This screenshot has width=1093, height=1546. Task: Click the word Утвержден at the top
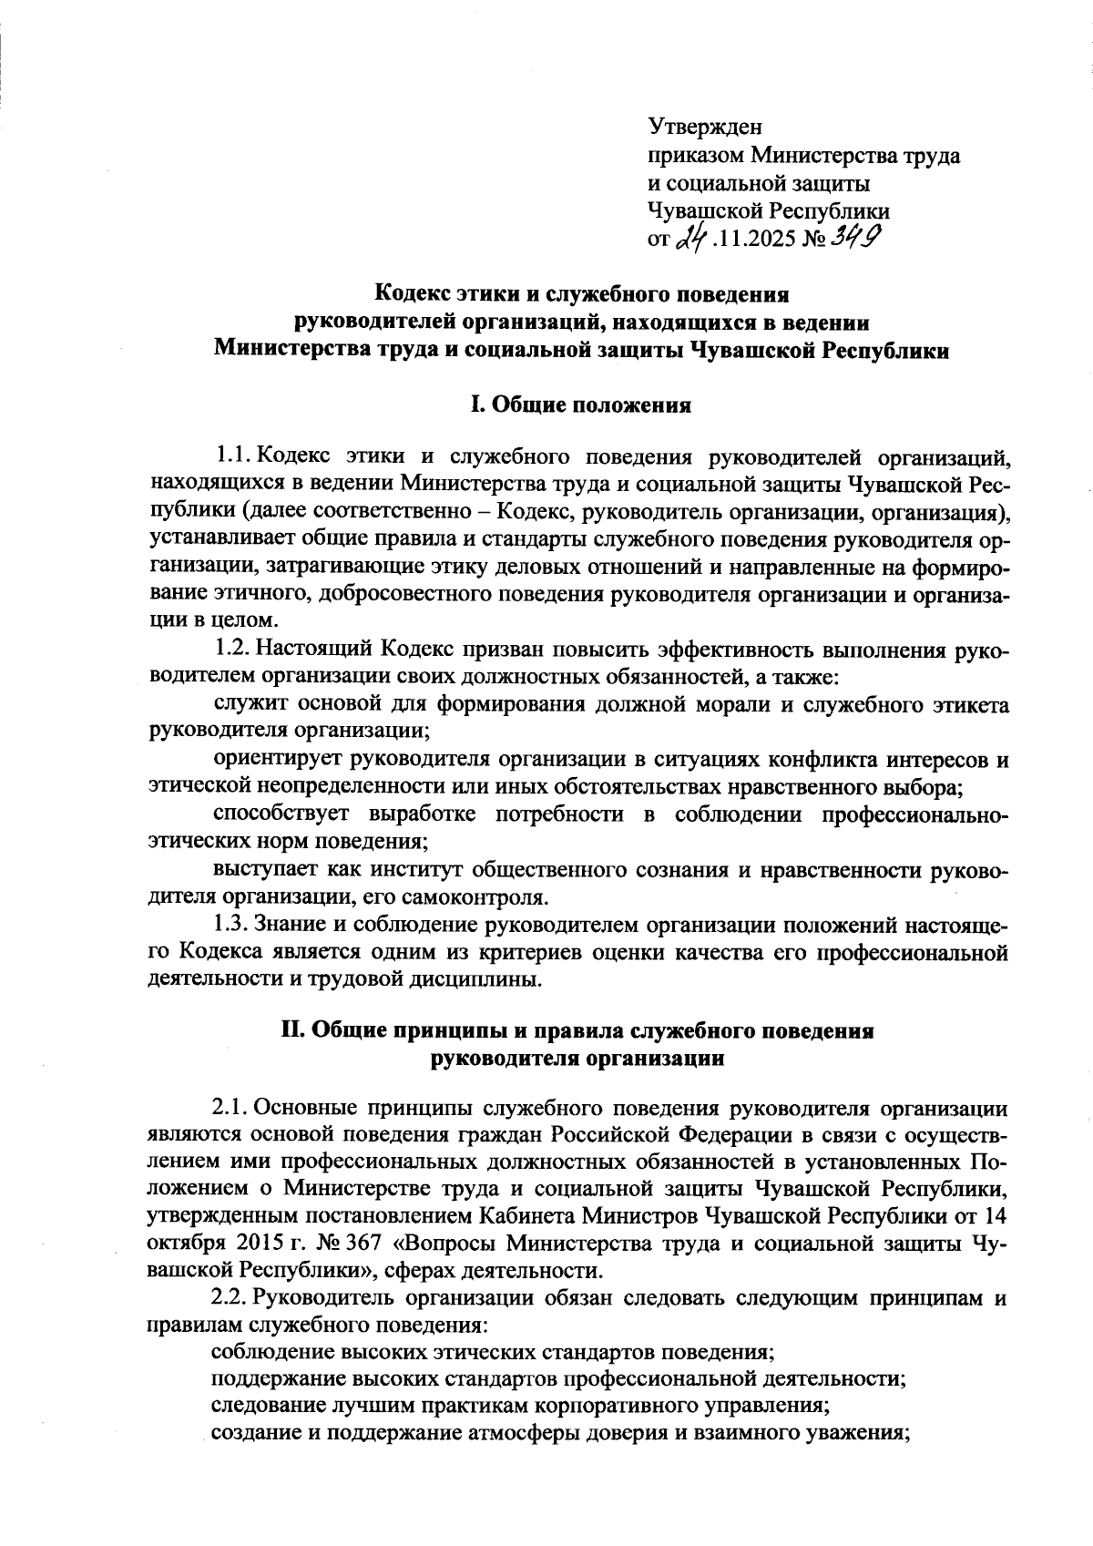[704, 128]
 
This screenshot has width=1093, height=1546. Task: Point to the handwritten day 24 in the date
[692, 239]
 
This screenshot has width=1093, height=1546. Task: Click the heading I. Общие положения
[579, 404]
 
